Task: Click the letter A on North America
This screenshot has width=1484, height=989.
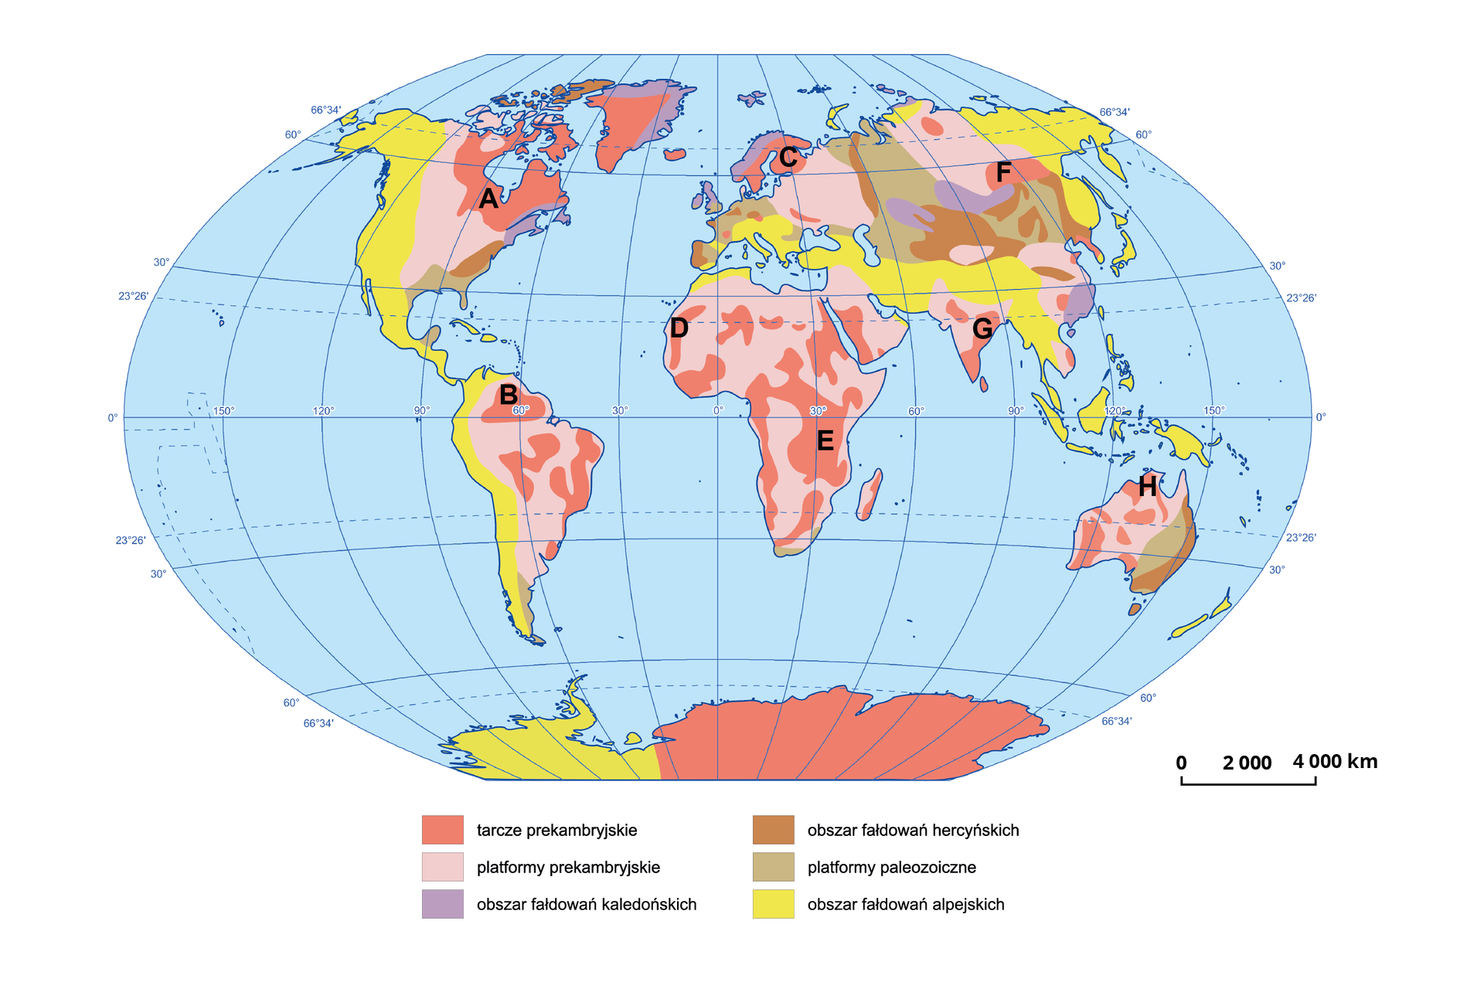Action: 488,199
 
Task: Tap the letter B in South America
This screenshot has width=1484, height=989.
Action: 508,395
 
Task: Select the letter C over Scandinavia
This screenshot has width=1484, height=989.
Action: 788,158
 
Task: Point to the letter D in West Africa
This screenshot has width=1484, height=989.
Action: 679,328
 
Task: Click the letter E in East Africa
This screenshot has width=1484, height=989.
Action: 825,441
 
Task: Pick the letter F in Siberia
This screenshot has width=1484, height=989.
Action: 1003,172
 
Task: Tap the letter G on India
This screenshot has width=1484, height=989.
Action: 982,328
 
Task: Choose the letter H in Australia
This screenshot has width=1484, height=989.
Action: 1147,487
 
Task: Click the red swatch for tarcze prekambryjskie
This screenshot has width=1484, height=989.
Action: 443,830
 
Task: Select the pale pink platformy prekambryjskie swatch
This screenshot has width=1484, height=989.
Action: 443,867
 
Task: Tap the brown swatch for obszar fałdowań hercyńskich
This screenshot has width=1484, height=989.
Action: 773,830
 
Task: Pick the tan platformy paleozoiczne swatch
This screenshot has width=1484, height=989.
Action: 773,867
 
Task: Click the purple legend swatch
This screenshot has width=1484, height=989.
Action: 443,904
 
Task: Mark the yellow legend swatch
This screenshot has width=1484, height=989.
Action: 773,904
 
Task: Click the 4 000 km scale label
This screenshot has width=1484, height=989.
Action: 1335,762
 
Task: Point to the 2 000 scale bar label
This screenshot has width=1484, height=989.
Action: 1247,763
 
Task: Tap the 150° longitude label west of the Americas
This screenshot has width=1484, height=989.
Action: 223,411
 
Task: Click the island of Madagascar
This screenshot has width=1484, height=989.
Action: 870,494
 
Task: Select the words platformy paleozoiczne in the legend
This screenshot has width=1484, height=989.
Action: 891,868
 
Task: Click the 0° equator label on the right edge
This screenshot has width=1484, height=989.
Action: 1321,417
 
